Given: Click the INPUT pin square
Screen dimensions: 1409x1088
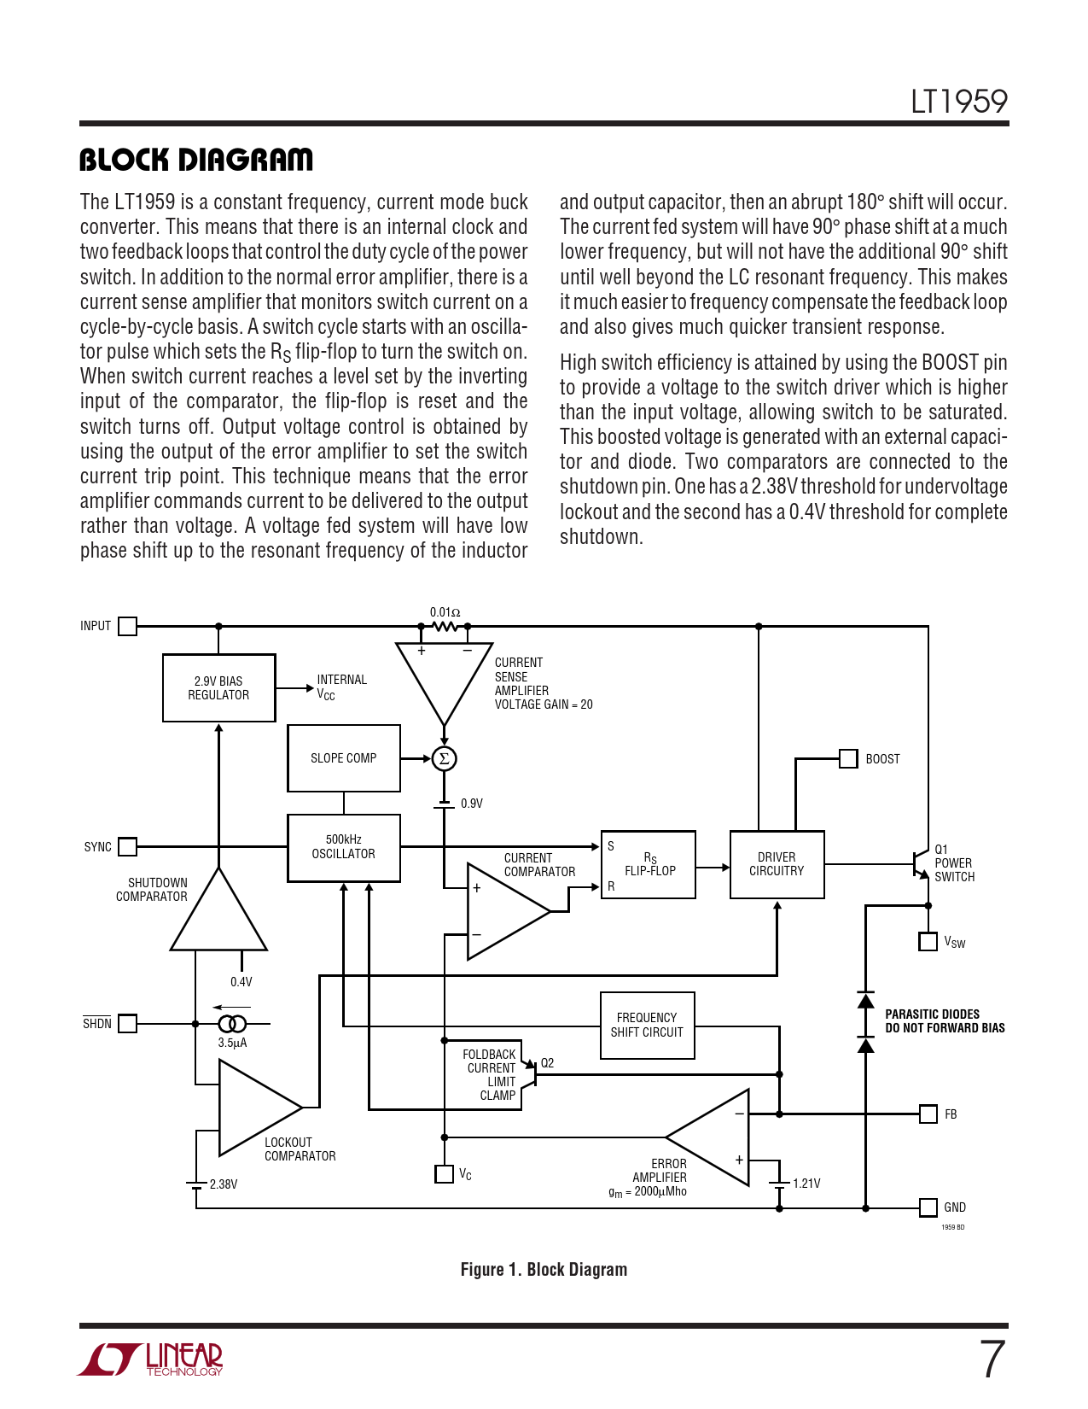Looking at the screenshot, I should click(127, 626).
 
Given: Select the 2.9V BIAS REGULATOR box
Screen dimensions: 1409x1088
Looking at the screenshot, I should click(219, 687).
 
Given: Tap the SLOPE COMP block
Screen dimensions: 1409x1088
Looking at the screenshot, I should click(344, 758).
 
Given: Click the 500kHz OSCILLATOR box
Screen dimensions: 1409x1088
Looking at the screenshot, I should click(344, 847).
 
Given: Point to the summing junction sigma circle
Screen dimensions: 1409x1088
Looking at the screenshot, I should click(444, 758).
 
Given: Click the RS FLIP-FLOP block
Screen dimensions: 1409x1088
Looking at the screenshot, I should click(649, 864).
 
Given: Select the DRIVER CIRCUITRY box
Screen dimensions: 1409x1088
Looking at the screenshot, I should click(777, 864).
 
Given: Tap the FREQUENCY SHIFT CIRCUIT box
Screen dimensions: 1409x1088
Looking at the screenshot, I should click(647, 1025).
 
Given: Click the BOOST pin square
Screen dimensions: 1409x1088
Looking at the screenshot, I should click(848, 758).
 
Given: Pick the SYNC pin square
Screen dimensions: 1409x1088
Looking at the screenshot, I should click(127, 846).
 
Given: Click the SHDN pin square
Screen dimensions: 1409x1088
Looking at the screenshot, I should click(127, 1023).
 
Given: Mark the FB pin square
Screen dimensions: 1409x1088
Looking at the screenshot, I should click(928, 1114).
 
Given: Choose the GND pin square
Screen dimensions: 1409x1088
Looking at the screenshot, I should click(928, 1207).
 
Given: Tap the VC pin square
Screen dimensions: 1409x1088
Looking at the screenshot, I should click(444, 1174).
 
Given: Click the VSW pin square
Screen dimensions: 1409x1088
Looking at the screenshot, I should click(928, 941).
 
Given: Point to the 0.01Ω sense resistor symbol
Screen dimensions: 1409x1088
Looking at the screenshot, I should click(445, 626).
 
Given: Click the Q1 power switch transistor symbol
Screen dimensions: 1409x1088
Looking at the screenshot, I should click(921, 863).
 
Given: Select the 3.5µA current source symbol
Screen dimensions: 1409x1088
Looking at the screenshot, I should click(232, 1023).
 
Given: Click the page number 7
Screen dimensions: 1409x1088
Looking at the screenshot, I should click(992, 1359).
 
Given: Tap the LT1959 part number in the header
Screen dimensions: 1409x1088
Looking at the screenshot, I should click(959, 102).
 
